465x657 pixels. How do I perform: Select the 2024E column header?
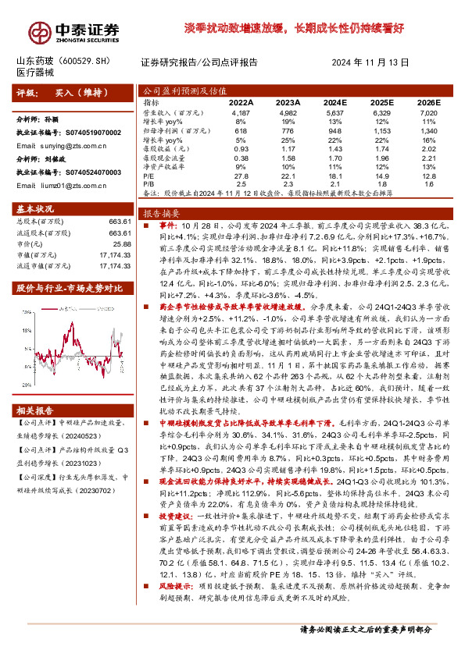[334, 101]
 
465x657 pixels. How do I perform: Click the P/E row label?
[148, 176]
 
